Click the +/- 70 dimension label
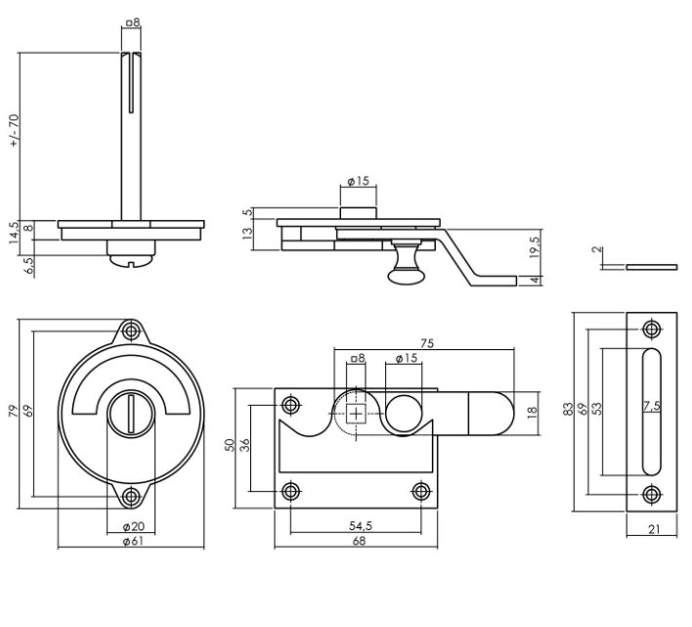tap(14, 131)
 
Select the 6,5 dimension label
tap(30, 265)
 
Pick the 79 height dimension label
tap(14, 412)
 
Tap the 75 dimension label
tap(427, 343)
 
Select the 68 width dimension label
tap(359, 541)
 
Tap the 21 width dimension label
tap(650, 529)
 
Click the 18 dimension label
tap(533, 412)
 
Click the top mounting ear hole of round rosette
tap(130, 332)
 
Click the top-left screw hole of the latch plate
tap(290, 404)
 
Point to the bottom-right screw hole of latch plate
tap(421, 491)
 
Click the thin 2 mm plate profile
tap(652, 265)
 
